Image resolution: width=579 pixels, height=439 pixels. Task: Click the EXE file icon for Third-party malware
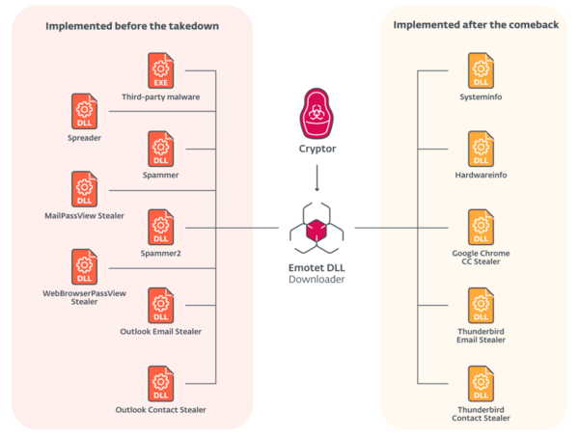tap(161, 70)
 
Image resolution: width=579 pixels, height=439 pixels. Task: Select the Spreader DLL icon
tap(85, 112)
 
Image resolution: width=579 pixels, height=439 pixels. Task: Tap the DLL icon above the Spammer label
tap(161, 150)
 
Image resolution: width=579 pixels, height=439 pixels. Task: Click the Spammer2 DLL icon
tap(161, 228)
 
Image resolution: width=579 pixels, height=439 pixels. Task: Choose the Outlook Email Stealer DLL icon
tap(161, 306)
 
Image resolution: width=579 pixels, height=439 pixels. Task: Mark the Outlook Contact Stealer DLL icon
tap(161, 384)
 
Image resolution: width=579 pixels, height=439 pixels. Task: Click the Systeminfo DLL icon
tap(480, 70)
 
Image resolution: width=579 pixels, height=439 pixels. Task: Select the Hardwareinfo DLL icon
tap(480, 150)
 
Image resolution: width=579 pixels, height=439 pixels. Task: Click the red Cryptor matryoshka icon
tap(317, 114)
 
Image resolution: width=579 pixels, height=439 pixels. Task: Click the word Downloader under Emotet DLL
tap(317, 280)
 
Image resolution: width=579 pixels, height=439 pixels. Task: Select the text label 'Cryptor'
tap(317, 150)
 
